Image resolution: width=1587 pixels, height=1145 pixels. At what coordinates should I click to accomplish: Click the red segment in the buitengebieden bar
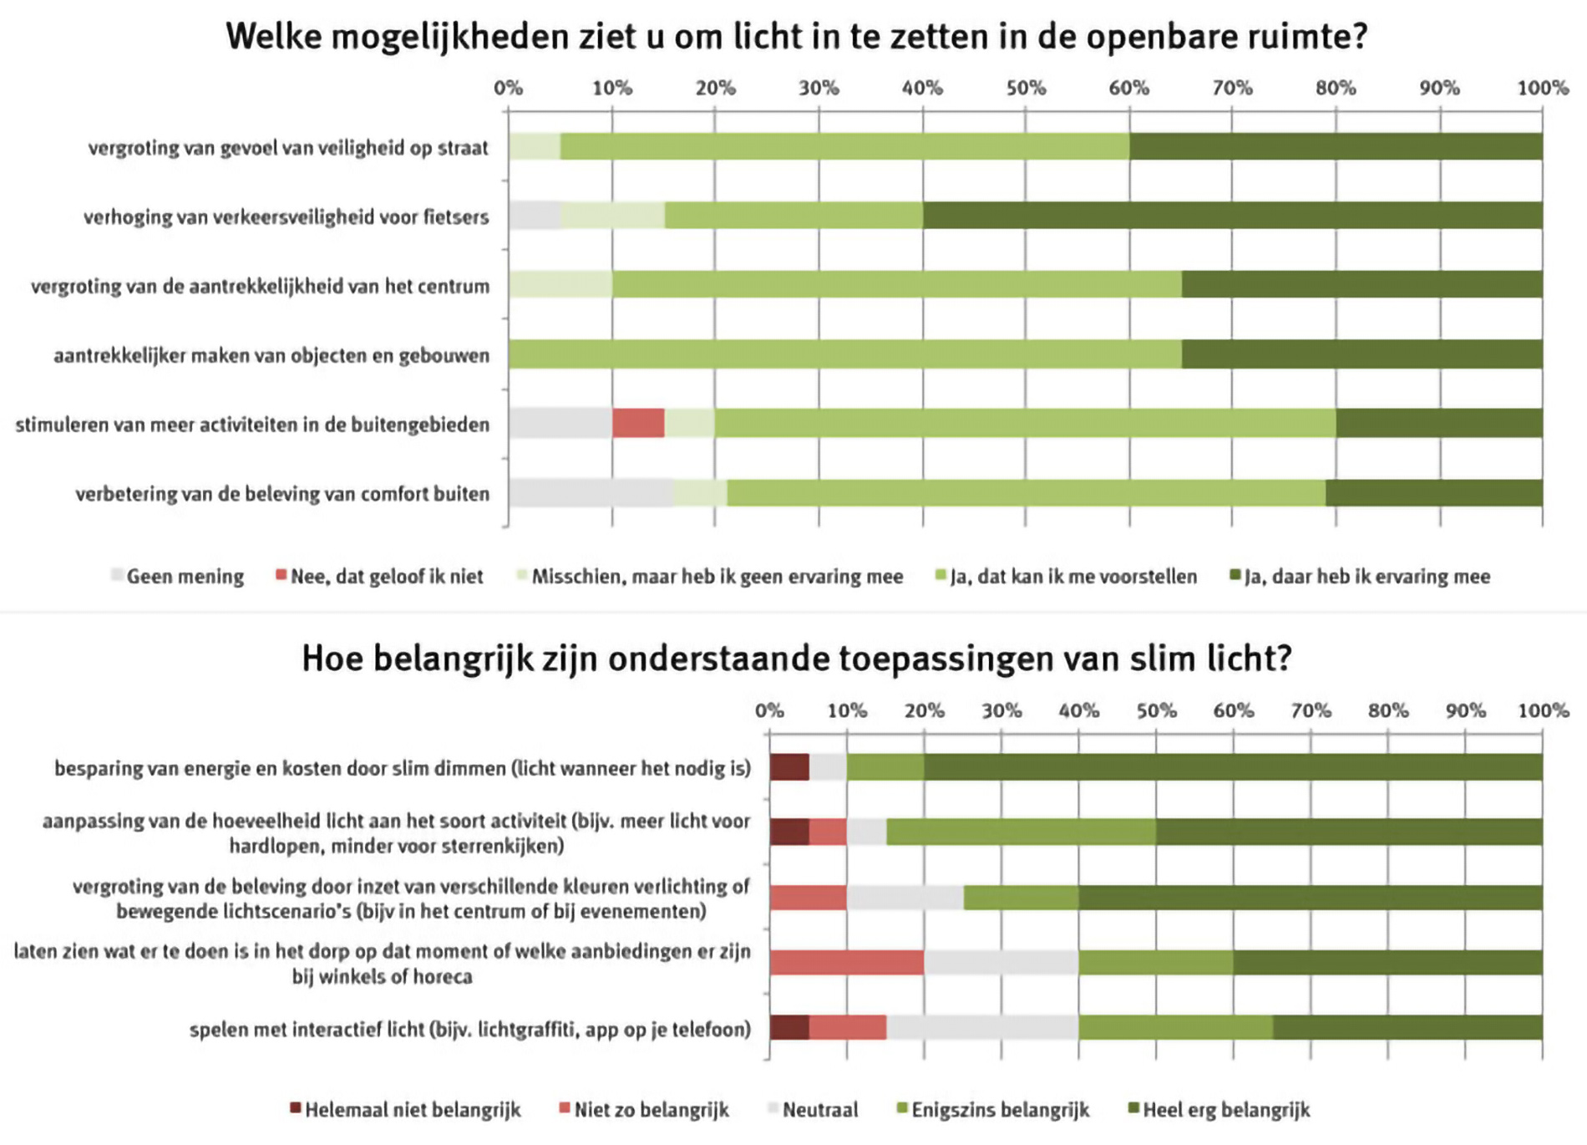pyautogui.click(x=638, y=424)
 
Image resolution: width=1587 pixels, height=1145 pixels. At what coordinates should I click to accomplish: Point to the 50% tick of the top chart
pyautogui.click(x=1026, y=88)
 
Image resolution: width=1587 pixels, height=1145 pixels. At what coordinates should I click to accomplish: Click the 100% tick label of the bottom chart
pyautogui.click(x=1543, y=711)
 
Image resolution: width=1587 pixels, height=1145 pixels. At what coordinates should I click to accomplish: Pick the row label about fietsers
pyautogui.click(x=286, y=217)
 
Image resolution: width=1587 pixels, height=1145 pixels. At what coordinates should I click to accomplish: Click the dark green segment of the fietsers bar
pyautogui.click(x=1232, y=216)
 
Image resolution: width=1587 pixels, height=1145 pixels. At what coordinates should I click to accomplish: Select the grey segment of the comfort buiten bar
pyautogui.click(x=591, y=493)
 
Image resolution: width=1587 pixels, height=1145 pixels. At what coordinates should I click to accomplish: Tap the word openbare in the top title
pyautogui.click(x=1170, y=37)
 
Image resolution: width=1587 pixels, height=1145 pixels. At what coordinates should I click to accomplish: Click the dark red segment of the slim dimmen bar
pyautogui.click(x=789, y=767)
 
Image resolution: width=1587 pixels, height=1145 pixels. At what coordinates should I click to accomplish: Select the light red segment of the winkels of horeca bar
pyautogui.click(x=846, y=963)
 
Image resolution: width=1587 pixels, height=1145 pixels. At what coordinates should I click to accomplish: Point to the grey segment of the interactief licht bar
pyautogui.click(x=982, y=1027)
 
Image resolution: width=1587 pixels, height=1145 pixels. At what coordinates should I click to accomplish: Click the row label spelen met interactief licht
pyautogui.click(x=470, y=1030)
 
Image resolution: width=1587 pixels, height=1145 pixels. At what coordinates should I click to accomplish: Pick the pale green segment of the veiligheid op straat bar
pyautogui.click(x=535, y=147)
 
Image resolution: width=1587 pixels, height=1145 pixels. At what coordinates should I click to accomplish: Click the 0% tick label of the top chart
pyautogui.click(x=508, y=88)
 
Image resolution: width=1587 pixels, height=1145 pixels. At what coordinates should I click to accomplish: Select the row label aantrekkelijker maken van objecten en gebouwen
pyautogui.click(x=271, y=356)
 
